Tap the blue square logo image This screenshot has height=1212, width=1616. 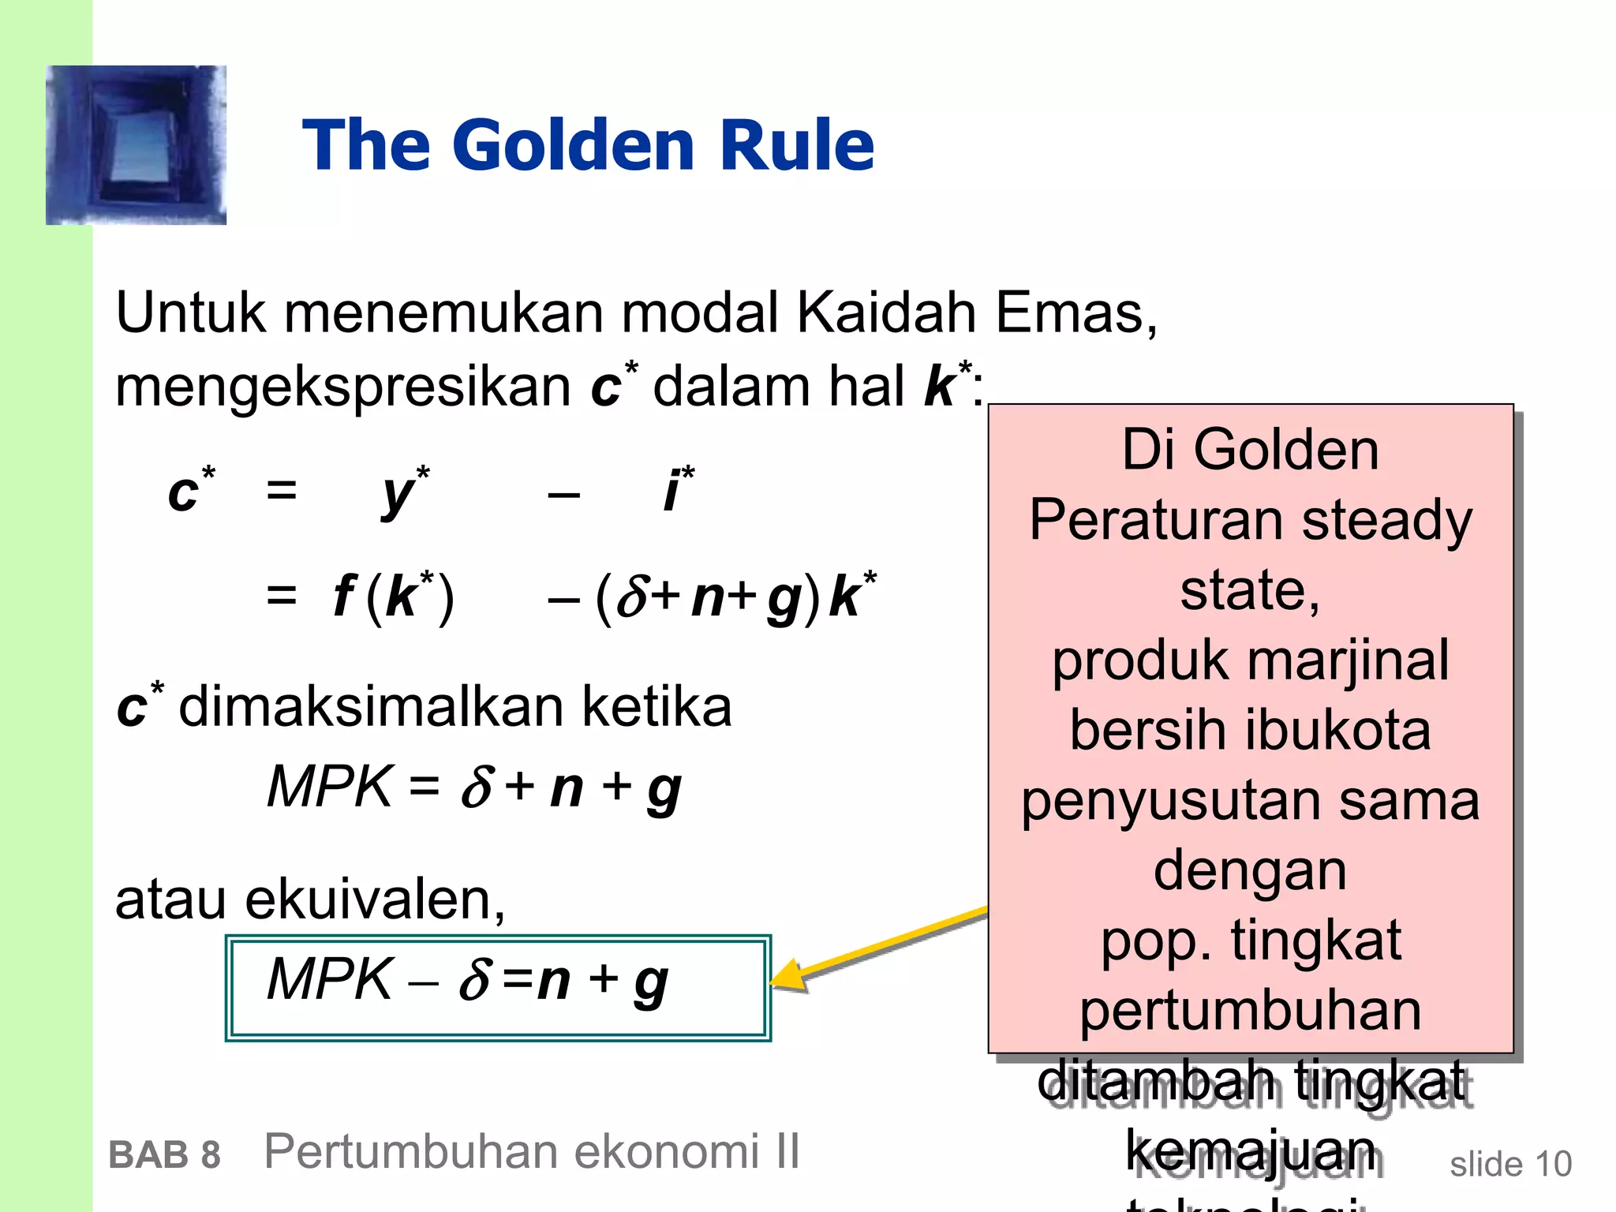[136, 145]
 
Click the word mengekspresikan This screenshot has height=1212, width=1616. [343, 387]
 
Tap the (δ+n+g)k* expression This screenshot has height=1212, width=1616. [734, 597]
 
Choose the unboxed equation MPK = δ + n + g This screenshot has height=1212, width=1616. [473, 787]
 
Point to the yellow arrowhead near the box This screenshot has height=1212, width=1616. [789, 975]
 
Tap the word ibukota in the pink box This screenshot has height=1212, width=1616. [1338, 730]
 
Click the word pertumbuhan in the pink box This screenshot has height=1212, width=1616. [1250, 1011]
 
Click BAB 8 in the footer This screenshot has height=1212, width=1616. [164, 1155]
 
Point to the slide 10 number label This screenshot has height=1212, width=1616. [1510, 1165]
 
